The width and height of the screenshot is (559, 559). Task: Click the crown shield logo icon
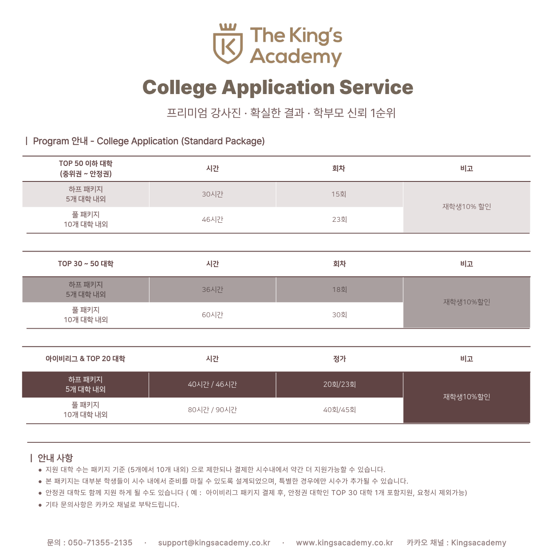(x=228, y=44)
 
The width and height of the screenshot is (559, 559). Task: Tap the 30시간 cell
(x=213, y=194)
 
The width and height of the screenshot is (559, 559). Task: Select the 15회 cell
(x=339, y=194)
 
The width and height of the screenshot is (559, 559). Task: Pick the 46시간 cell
(x=213, y=220)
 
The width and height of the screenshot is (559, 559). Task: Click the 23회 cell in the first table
(x=339, y=220)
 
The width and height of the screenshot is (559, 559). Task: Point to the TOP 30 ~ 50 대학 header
(x=86, y=264)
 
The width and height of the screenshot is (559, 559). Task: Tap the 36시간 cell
(x=213, y=290)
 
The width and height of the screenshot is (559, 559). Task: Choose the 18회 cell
(x=339, y=290)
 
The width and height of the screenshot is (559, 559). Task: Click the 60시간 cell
(x=213, y=315)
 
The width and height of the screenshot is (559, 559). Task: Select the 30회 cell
(x=339, y=315)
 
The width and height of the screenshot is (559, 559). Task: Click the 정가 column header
(x=339, y=359)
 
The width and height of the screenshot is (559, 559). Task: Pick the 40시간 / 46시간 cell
(x=213, y=385)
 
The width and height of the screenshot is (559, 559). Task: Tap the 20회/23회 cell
(x=339, y=385)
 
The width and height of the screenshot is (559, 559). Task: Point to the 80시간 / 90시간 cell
(x=213, y=410)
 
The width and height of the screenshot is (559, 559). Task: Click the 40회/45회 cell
(x=339, y=410)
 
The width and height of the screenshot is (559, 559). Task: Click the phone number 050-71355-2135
(x=100, y=543)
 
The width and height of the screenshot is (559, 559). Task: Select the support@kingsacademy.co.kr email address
(x=214, y=543)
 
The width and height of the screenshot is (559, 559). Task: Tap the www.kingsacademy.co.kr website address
(x=344, y=543)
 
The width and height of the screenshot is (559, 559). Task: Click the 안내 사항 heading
(x=55, y=458)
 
